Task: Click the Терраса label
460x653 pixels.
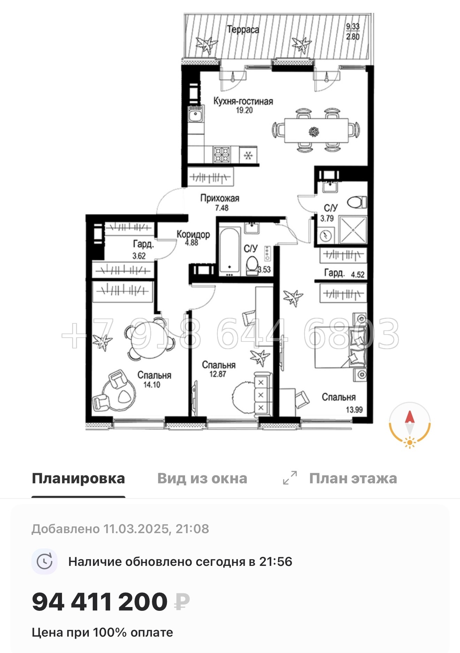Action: pos(243,30)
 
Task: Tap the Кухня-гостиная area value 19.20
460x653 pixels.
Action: pos(244,110)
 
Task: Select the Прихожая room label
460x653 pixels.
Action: pos(220,198)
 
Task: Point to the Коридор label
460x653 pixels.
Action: pos(193,234)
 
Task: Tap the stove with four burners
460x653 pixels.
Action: pos(222,154)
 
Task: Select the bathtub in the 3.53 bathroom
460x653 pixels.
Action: pos(230,251)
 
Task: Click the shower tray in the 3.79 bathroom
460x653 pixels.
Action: pos(353,230)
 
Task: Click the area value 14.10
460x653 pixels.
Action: pos(152,385)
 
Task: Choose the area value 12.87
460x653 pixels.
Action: pos(218,374)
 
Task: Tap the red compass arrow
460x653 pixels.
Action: pos(409,417)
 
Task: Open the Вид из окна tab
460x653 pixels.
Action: pos(202,478)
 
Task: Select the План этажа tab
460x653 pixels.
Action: pos(353,478)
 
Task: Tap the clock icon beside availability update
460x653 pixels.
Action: pos(45,562)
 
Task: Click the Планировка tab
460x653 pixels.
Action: pos(78,478)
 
